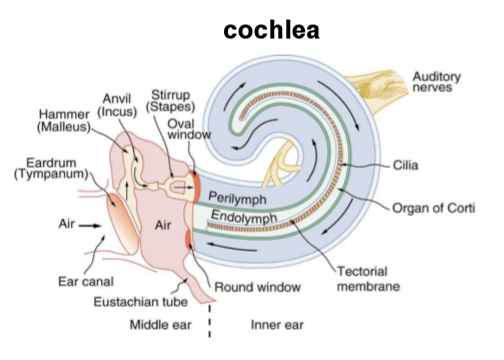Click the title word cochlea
(x=271, y=31)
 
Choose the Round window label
(x=257, y=288)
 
